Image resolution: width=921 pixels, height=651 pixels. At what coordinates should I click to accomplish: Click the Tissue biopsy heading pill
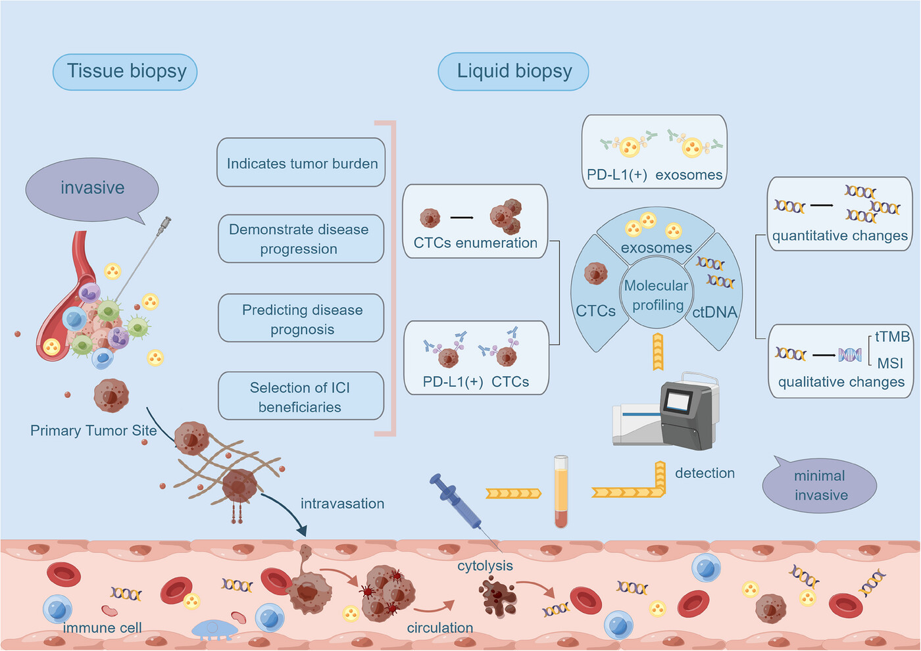click(125, 72)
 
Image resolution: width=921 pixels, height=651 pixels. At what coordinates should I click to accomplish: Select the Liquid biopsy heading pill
click(514, 72)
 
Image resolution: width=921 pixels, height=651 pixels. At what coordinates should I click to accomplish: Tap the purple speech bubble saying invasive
click(92, 190)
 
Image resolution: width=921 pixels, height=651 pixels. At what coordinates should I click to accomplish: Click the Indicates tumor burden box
click(301, 162)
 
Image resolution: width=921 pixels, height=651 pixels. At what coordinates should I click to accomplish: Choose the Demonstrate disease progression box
click(301, 239)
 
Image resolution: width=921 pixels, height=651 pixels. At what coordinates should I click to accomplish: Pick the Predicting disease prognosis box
click(301, 318)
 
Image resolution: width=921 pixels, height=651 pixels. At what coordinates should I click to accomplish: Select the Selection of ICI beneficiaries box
click(301, 396)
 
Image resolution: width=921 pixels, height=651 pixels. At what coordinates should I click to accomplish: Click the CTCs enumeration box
click(475, 222)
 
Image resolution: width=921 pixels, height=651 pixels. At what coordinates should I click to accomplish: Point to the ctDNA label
click(714, 312)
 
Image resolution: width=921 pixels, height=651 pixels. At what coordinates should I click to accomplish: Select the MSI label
click(890, 363)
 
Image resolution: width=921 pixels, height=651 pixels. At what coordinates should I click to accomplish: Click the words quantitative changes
click(839, 236)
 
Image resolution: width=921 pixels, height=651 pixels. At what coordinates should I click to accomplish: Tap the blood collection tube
click(561, 492)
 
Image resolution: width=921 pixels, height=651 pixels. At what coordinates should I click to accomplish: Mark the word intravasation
click(342, 504)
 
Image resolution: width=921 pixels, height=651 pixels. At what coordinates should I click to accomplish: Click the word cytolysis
click(485, 566)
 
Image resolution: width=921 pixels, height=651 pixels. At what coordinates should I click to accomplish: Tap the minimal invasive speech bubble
click(820, 485)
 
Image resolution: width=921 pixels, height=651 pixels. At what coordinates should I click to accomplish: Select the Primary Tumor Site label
click(93, 430)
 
